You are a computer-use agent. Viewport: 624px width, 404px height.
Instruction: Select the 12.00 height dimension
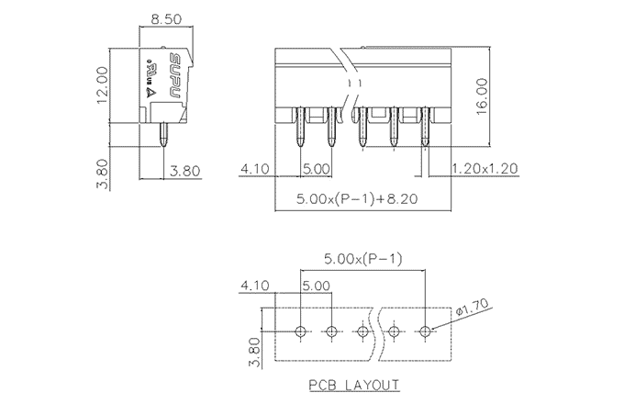tap(103, 84)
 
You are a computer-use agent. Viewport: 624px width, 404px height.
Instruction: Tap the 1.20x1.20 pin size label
tap(486, 169)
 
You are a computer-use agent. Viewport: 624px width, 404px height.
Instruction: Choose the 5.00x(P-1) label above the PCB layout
tap(362, 260)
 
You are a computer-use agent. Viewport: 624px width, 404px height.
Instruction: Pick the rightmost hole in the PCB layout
tap(425, 331)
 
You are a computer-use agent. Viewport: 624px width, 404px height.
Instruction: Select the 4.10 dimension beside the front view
tap(253, 169)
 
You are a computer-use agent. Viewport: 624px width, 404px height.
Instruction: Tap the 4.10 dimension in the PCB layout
tap(253, 286)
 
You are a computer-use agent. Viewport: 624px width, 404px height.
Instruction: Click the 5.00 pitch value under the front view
tap(316, 169)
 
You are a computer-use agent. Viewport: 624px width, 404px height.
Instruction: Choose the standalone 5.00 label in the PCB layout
tap(316, 286)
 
